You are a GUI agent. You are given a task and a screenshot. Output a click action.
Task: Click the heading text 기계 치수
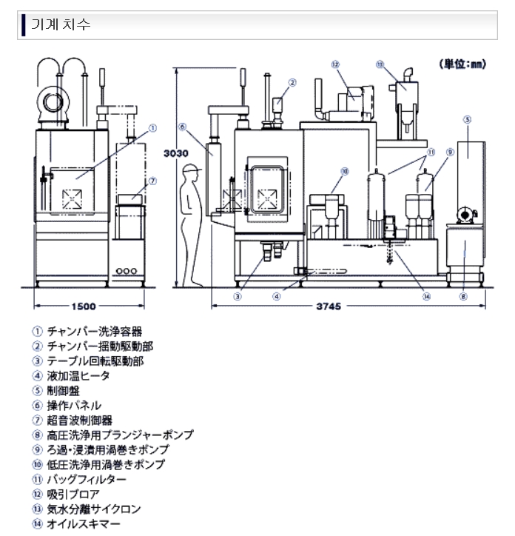[67, 24]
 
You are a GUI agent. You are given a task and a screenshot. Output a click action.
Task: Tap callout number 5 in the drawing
[468, 118]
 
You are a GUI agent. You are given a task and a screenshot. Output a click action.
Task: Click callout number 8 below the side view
[464, 298]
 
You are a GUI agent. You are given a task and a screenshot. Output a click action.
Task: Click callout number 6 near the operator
[182, 126]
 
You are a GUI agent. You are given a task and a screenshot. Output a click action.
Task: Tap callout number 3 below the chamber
[238, 298]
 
